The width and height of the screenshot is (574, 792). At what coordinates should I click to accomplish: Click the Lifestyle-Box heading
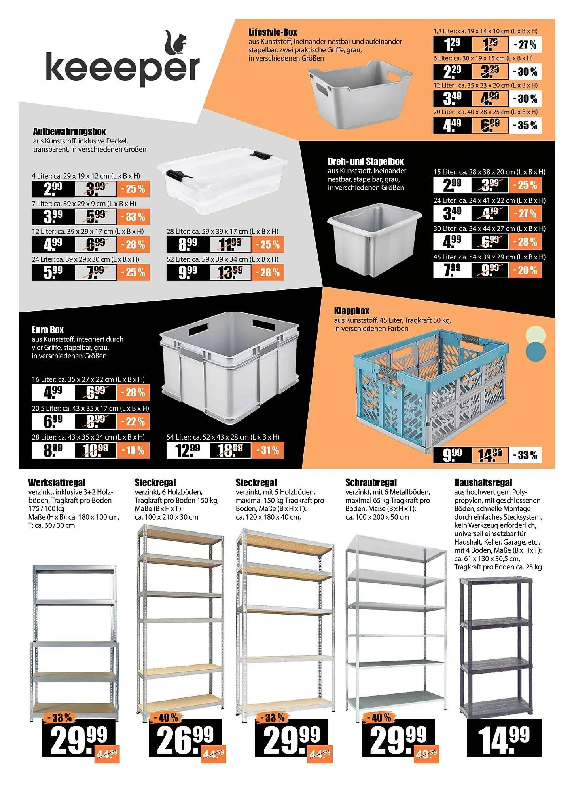[x=273, y=32]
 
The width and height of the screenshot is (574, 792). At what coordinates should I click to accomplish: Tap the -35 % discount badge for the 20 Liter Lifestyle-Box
[x=525, y=126]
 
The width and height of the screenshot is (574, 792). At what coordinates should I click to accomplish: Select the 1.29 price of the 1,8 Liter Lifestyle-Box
[x=452, y=45]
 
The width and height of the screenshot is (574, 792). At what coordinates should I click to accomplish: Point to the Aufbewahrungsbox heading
[x=69, y=131]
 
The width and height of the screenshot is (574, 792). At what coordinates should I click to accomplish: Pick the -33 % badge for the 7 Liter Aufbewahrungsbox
[x=133, y=217]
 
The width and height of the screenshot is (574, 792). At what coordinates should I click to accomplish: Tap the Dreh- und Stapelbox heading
[x=366, y=161]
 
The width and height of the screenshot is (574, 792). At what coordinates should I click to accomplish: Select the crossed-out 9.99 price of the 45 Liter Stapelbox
[x=490, y=270]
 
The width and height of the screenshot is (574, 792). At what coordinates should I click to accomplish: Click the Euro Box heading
[x=47, y=329]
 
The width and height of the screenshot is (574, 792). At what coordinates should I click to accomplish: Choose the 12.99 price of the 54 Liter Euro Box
[x=187, y=450]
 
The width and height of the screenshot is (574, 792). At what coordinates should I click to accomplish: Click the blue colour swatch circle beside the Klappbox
[x=536, y=351]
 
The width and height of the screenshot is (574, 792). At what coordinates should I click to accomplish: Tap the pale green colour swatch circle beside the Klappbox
[x=536, y=335]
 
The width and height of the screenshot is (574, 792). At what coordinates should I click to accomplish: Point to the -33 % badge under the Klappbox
[x=525, y=455]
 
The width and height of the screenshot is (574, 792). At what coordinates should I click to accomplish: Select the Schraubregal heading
[x=371, y=482]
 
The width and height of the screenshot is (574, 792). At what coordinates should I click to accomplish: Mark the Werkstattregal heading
[x=57, y=482]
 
